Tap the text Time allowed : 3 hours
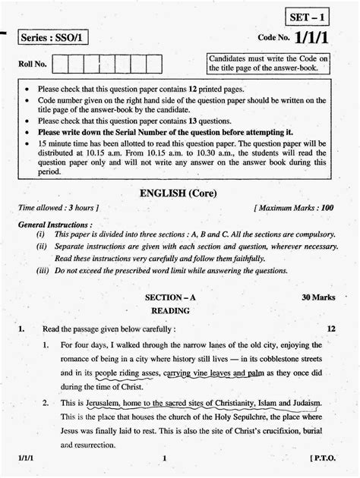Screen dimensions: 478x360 58,207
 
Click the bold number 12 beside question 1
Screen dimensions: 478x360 331,329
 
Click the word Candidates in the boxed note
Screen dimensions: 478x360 231,58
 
